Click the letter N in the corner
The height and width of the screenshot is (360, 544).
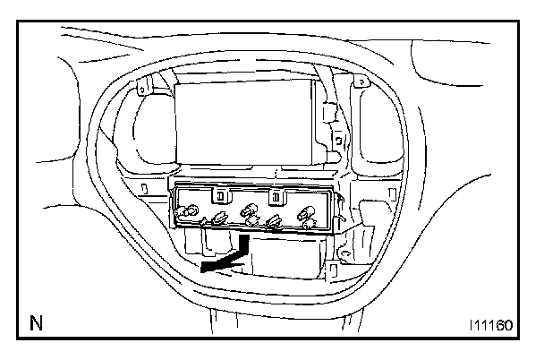pyautogui.click(x=36, y=321)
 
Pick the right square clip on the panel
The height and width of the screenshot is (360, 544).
pyautogui.click(x=277, y=196)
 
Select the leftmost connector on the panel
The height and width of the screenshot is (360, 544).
pyautogui.click(x=188, y=213)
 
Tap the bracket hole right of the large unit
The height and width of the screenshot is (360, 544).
pyautogui.click(x=338, y=141)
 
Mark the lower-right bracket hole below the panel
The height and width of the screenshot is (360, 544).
pyautogui.click(x=333, y=265)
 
